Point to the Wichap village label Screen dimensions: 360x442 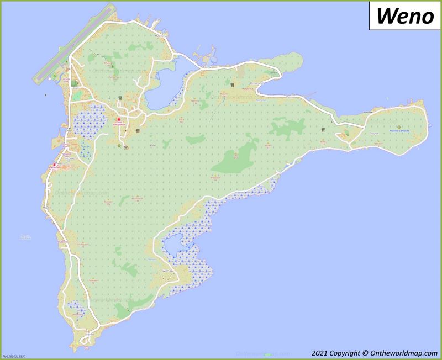point(168,271)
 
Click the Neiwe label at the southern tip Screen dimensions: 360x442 point(90,335)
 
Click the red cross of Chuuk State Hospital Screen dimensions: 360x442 point(118,118)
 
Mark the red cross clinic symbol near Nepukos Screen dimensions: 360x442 point(54,164)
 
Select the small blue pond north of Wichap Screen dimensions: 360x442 point(171,243)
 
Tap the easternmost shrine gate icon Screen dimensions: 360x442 point(323,130)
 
